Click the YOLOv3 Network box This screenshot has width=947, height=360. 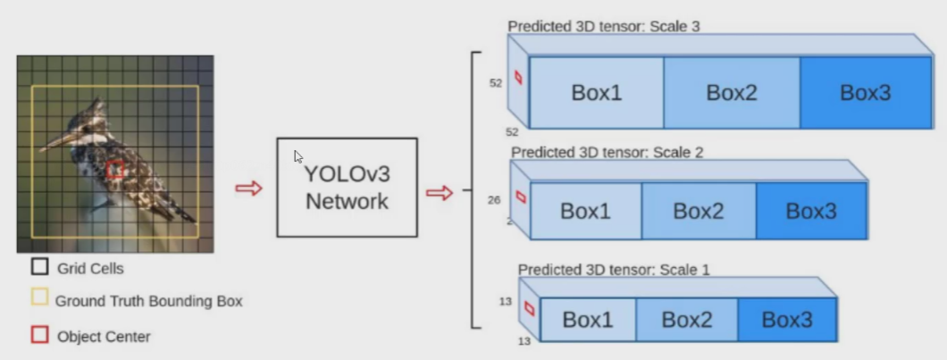[x=347, y=187]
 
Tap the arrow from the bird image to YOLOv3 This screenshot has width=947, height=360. [x=248, y=188]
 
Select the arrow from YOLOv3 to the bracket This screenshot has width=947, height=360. [x=439, y=192]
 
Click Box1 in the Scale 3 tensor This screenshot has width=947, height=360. [x=597, y=93]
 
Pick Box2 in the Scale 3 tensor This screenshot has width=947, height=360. [x=732, y=93]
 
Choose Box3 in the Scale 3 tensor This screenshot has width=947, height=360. [x=865, y=93]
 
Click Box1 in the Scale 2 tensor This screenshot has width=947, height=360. [x=586, y=211]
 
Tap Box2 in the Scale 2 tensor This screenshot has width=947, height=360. [x=699, y=211]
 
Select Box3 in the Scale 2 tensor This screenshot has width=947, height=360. [x=811, y=211]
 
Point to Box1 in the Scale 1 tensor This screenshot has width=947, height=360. [x=588, y=319]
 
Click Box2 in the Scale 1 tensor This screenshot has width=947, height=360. [x=687, y=319]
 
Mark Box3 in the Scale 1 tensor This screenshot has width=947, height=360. [x=787, y=319]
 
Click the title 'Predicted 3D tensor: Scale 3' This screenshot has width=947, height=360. [x=604, y=26]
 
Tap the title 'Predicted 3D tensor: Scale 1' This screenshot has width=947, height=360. [x=614, y=269]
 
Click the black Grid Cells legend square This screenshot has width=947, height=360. [x=39, y=266]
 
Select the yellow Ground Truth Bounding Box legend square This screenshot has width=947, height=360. [x=39, y=298]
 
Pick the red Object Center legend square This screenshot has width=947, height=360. [x=39, y=335]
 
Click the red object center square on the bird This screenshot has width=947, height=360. [x=114, y=169]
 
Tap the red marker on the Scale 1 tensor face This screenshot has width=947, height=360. [x=529, y=308]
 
